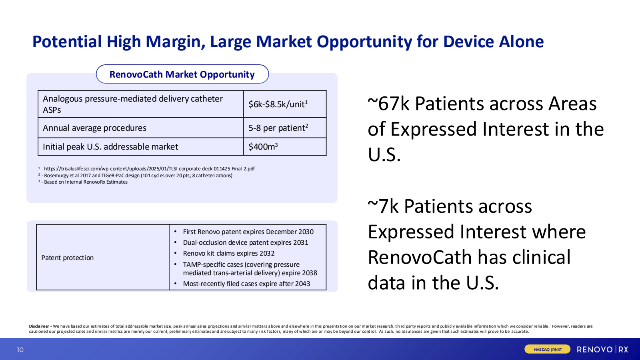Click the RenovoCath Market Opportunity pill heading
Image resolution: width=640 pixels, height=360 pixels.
click(x=182, y=74)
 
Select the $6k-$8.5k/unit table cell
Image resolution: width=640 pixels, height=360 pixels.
click(x=278, y=104)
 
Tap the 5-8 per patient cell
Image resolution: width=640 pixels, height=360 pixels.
click(x=278, y=128)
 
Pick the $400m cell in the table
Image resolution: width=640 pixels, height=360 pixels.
click(x=263, y=147)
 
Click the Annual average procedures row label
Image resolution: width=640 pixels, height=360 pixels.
click(x=94, y=128)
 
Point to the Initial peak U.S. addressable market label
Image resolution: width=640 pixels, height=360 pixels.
click(x=110, y=147)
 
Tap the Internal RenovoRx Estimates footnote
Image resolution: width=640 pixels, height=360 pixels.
click(x=86, y=182)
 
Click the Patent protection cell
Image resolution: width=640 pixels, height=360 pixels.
click(x=68, y=258)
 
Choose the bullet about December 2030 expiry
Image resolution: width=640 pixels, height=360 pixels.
click(x=248, y=232)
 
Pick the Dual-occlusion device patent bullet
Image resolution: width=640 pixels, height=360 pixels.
click(x=245, y=242)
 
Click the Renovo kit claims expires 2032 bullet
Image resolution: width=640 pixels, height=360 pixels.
click(x=228, y=253)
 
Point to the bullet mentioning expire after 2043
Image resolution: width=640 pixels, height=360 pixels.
click(x=246, y=284)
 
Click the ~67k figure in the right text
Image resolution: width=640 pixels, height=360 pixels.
click(x=389, y=104)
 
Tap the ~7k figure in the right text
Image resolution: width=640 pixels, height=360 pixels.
click(x=383, y=207)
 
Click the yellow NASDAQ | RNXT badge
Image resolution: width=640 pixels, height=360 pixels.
click(x=548, y=350)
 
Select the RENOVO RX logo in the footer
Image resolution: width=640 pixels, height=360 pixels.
click(x=602, y=350)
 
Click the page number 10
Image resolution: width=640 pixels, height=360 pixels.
click(x=20, y=350)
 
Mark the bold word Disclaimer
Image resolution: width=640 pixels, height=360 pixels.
click(x=39, y=326)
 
